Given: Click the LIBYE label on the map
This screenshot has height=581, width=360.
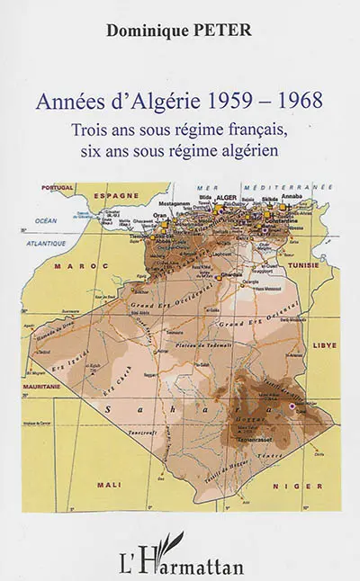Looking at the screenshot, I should coord(320,344).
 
